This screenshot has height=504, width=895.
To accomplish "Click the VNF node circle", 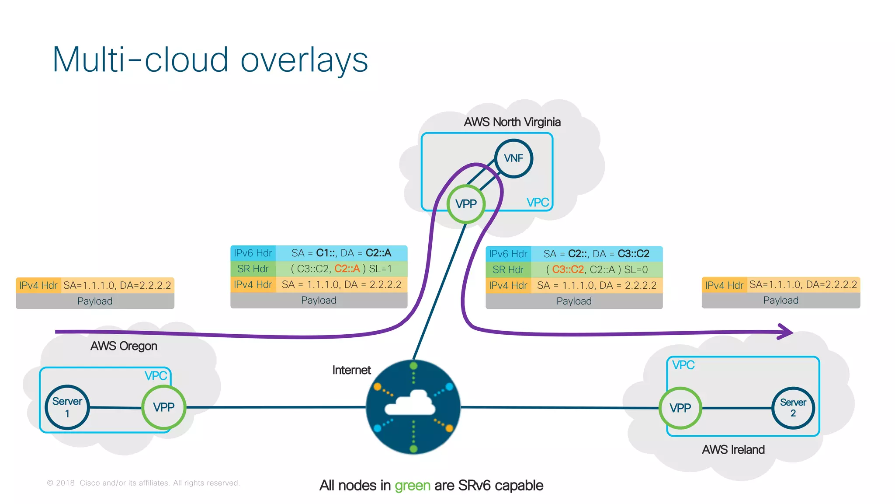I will (513, 158).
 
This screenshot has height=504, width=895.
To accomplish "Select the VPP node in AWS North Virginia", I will (466, 204).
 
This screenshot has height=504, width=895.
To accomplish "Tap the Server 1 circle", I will (67, 407).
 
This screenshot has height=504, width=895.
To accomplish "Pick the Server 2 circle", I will (793, 408).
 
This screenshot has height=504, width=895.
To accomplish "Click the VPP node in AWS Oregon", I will (164, 407).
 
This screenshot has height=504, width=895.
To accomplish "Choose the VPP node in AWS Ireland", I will (680, 408).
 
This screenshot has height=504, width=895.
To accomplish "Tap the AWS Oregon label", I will (124, 346).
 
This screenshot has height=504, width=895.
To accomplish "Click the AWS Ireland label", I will (733, 450).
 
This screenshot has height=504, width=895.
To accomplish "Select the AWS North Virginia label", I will (512, 122).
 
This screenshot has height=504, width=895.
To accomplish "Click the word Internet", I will (351, 370).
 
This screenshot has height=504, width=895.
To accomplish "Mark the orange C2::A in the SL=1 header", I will (347, 269).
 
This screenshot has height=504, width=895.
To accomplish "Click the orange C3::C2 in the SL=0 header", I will (568, 269).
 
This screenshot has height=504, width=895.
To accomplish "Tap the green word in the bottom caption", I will (412, 486).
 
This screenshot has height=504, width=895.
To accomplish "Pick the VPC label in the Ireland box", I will (683, 365).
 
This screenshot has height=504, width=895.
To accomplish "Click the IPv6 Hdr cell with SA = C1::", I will (253, 253).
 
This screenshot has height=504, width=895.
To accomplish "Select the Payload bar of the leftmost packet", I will (95, 301).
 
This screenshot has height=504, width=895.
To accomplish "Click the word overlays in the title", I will (304, 60).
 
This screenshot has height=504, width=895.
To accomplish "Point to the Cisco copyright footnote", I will (143, 483).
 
